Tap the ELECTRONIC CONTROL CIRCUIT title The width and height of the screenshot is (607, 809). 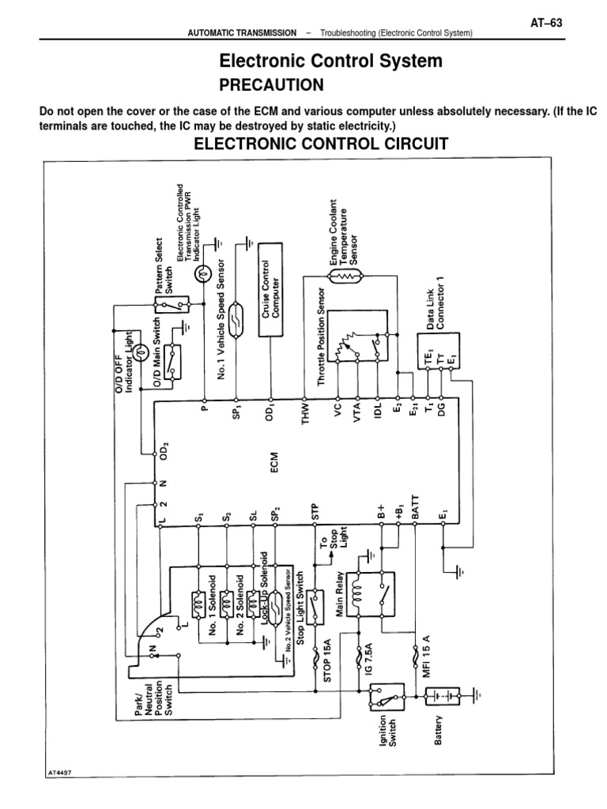point(321,144)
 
